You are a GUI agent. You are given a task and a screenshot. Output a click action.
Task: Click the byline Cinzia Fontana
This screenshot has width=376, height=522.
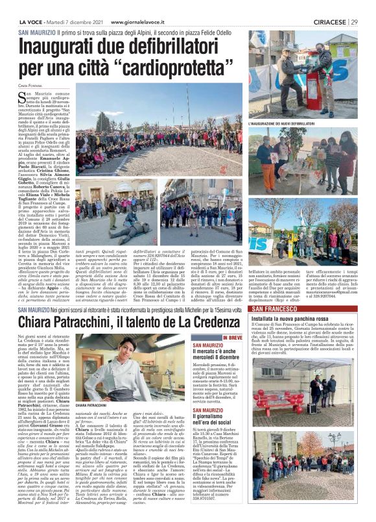[x=30, y=84]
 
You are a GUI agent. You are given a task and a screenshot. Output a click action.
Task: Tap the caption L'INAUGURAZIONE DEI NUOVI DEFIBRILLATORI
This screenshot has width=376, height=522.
[x=281, y=123]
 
